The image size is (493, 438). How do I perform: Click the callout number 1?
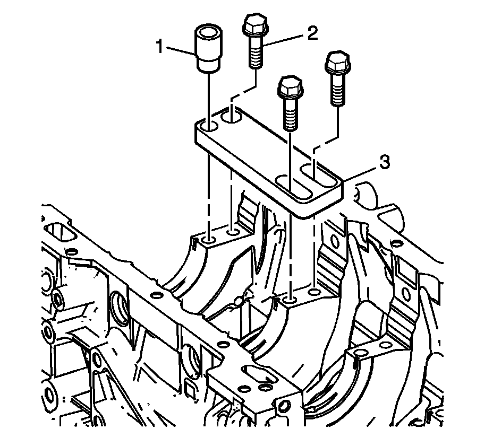[x=160, y=47]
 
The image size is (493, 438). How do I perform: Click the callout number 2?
[x=312, y=33]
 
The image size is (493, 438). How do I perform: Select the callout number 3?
[x=385, y=162]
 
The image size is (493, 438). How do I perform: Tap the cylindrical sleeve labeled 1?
[x=208, y=48]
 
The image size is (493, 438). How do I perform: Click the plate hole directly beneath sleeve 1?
[x=208, y=127]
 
